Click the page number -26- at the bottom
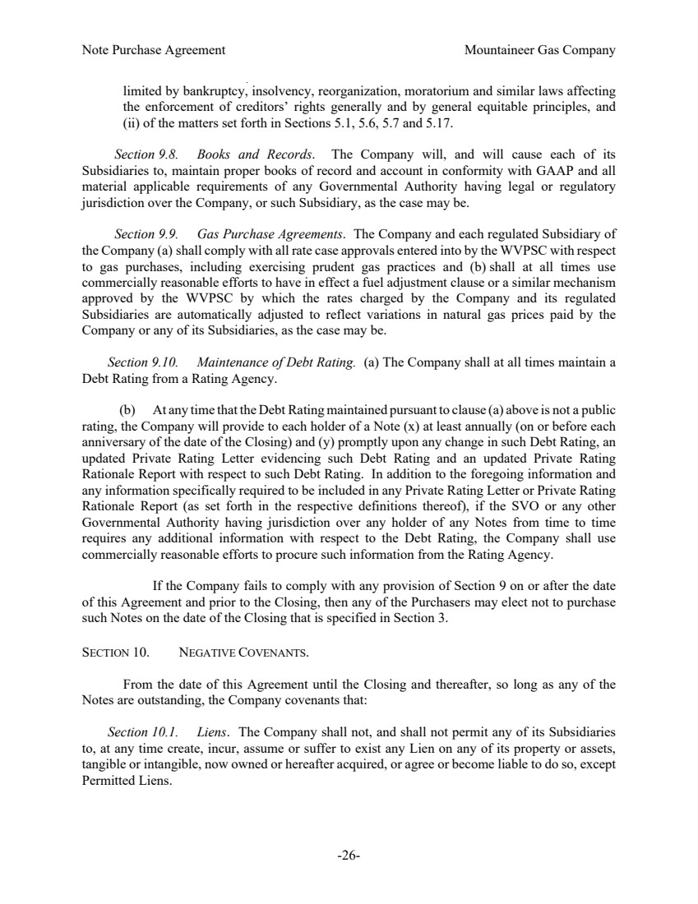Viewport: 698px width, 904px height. tap(349, 856)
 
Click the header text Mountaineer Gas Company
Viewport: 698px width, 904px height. tap(539, 50)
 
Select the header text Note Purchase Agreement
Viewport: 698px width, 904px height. tap(154, 50)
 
